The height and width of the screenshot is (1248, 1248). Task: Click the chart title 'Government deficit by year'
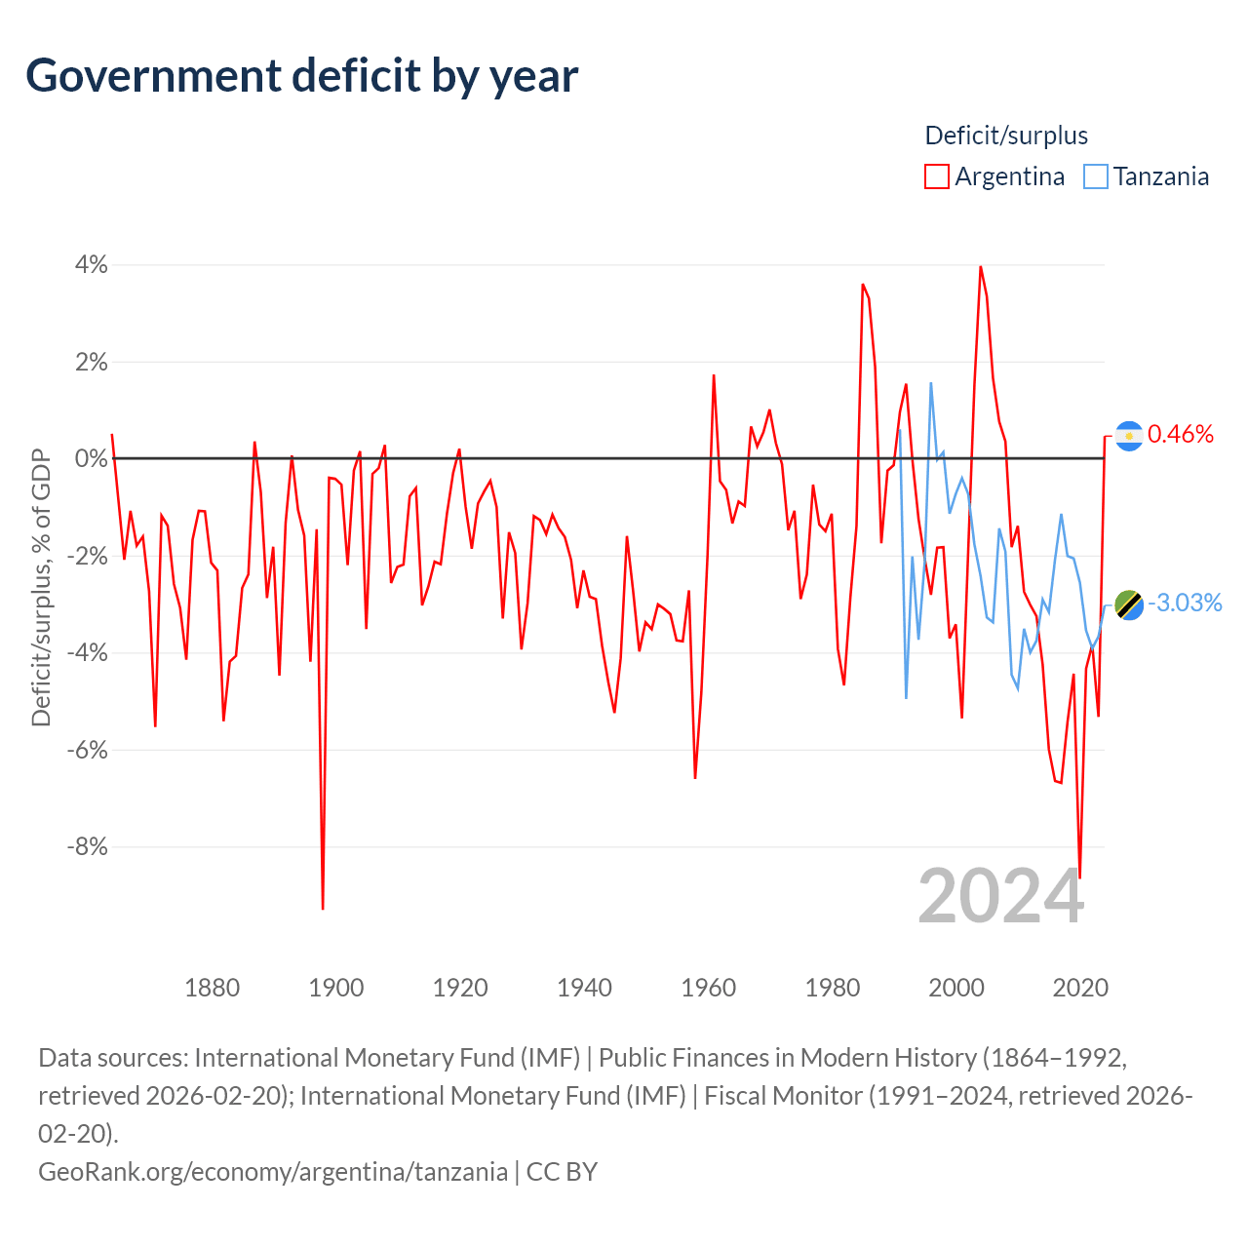(302, 76)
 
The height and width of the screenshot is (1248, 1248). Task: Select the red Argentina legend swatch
(937, 176)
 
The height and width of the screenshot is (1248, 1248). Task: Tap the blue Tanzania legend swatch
(1096, 176)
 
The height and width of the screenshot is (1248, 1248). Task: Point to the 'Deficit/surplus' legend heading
(1006, 136)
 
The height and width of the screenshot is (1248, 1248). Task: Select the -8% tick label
(88, 846)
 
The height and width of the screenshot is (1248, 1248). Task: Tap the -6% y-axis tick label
(88, 750)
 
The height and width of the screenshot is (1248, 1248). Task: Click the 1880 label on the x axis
(212, 988)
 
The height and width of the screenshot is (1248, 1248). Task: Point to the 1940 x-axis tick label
(584, 988)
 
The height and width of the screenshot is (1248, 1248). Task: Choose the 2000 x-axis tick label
(956, 988)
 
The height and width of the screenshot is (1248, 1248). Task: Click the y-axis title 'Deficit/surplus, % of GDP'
(41, 587)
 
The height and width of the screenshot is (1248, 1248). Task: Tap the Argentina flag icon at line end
(1129, 436)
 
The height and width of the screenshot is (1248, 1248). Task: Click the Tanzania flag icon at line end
(1129, 604)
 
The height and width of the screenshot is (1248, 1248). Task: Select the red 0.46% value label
(1181, 435)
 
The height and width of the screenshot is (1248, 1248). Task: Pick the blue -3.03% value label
(1185, 604)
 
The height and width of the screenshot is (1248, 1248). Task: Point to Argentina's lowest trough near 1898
(323, 908)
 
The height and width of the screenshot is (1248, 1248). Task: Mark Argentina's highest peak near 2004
(980, 267)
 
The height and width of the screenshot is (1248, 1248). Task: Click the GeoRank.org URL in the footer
(273, 1171)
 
